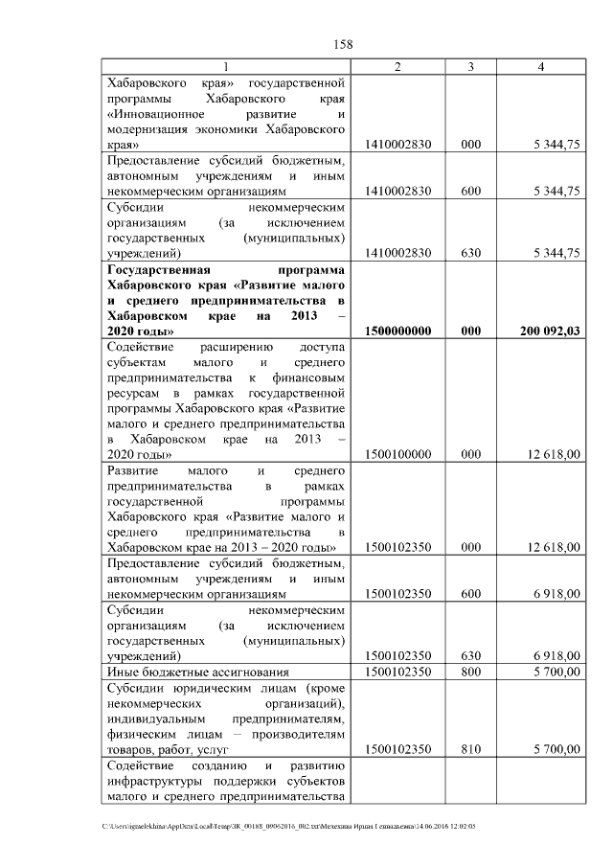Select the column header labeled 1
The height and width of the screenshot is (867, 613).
pos(225,66)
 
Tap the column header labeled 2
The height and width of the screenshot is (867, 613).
pos(397,66)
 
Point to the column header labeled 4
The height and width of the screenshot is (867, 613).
pos(541,66)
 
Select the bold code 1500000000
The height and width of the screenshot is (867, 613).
pos(397,331)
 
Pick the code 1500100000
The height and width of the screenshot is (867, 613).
pos(397,454)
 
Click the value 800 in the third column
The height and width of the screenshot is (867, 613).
pos(470,673)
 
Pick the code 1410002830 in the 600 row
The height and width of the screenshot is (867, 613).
pos(397,192)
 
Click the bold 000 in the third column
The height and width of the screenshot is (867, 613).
pos(470,331)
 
